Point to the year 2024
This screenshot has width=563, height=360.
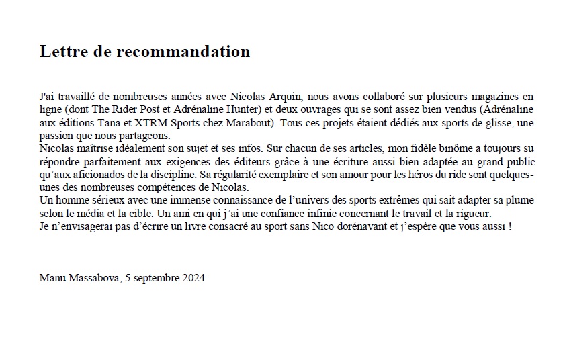(x=192, y=277)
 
